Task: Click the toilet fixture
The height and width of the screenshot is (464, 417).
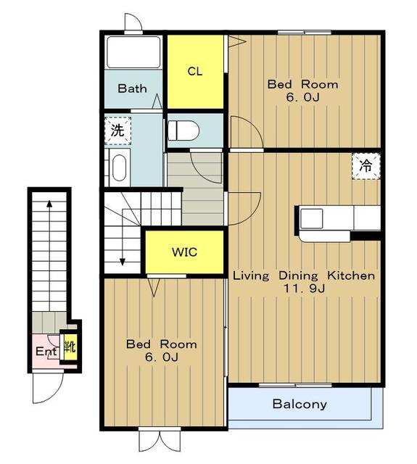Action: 183,130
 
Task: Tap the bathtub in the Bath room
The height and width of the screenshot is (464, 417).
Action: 133,52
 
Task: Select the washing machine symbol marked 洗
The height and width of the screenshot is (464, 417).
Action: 117,130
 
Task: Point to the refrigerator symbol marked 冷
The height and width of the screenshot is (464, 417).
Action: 366,166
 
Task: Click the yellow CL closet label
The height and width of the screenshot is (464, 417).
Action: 195,71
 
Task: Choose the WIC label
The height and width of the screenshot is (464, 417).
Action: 185,252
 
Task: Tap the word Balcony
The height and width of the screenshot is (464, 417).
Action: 300,405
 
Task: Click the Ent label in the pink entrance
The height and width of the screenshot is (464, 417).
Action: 46,351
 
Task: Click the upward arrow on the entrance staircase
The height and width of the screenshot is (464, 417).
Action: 49,255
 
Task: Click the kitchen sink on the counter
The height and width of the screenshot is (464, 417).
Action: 312,218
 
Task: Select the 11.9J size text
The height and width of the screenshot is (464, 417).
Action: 305,288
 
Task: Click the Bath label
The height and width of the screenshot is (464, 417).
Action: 132,88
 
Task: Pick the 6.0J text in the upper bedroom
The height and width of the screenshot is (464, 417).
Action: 302,97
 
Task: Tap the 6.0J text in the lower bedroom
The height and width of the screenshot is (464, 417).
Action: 161,357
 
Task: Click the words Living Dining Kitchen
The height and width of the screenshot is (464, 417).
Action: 304,275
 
